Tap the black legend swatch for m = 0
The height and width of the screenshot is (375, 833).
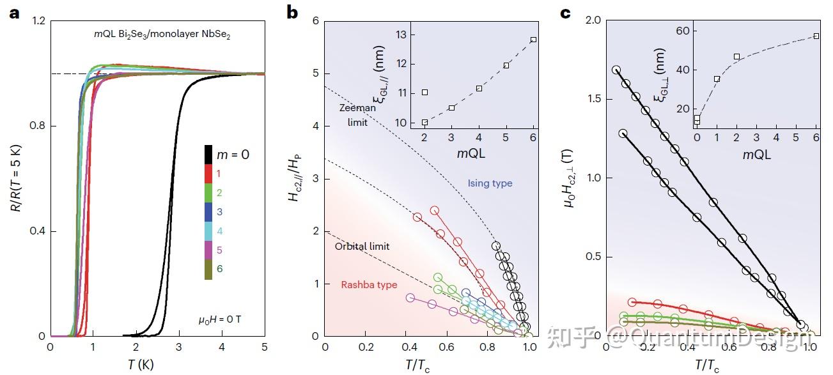208,154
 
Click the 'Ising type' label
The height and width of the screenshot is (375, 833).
490,183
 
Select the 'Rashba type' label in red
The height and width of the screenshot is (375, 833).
369,285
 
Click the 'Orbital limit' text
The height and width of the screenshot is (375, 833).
362,246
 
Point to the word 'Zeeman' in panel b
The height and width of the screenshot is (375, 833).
357,108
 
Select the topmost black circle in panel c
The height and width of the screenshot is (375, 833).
616,70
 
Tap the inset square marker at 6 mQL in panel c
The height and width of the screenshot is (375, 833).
816,36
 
